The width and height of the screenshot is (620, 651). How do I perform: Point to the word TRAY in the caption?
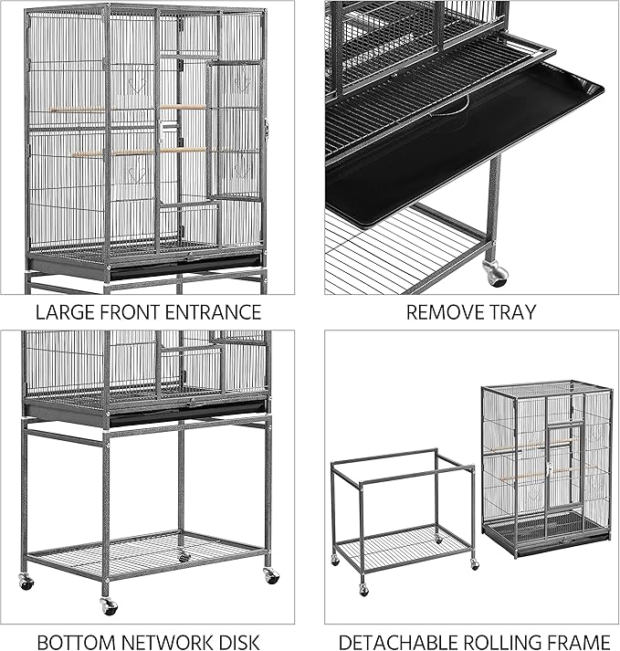[x=511, y=312]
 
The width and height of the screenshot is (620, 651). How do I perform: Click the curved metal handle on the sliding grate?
[x=447, y=110]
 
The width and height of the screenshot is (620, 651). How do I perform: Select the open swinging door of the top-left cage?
[x=234, y=128]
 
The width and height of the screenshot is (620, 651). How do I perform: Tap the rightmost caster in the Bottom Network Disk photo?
[x=271, y=577]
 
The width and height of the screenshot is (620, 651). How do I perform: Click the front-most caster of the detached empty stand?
[x=363, y=590]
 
